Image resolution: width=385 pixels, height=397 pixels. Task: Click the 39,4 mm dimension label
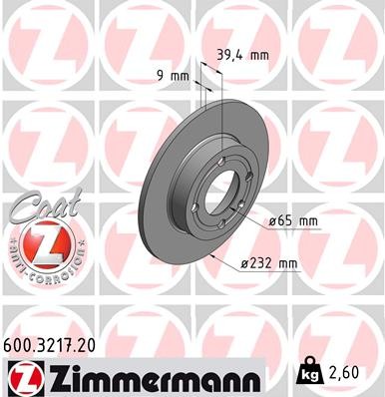coord(241,57)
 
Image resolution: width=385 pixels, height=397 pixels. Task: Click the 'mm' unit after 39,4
coord(258,57)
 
